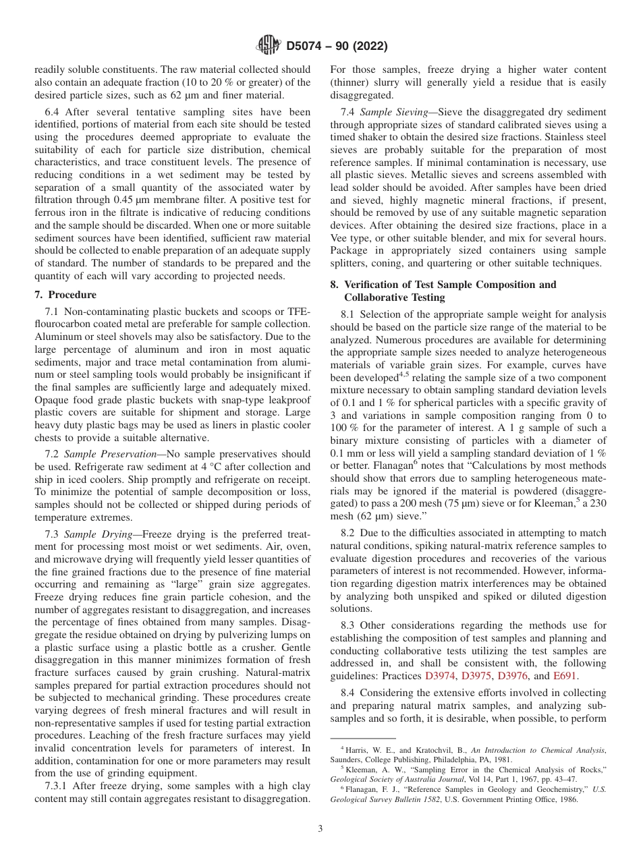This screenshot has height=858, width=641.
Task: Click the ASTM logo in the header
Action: [268, 47]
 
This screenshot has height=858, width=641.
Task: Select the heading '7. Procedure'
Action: [65, 295]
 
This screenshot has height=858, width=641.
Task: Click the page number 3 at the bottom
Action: [320, 828]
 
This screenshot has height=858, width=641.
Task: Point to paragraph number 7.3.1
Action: [60, 786]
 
